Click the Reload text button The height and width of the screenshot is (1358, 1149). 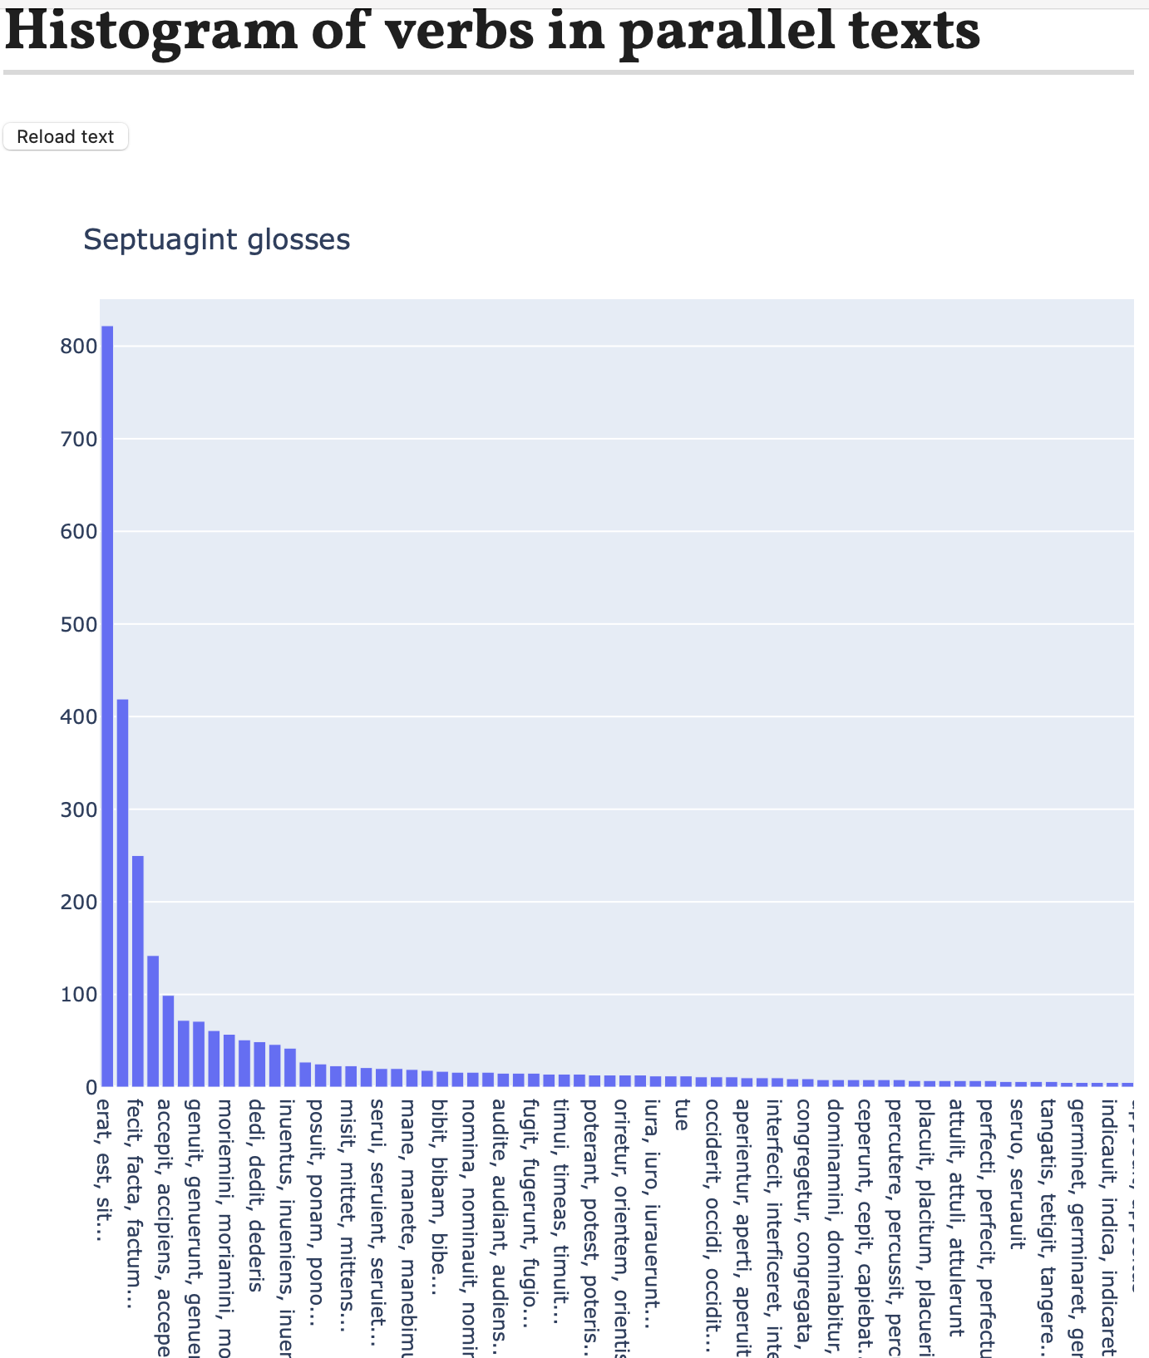[66, 137]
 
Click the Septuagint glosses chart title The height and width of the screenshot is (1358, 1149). [216, 239]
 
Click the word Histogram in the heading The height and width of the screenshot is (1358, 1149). [150, 32]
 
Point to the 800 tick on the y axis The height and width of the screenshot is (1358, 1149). [79, 347]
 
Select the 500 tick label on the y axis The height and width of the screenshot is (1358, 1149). [79, 624]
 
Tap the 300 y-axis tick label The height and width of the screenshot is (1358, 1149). [79, 809]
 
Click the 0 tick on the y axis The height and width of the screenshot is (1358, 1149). [91, 1087]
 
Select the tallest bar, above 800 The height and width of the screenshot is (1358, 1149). [107, 706]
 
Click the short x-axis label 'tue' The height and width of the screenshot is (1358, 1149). [682, 1114]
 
